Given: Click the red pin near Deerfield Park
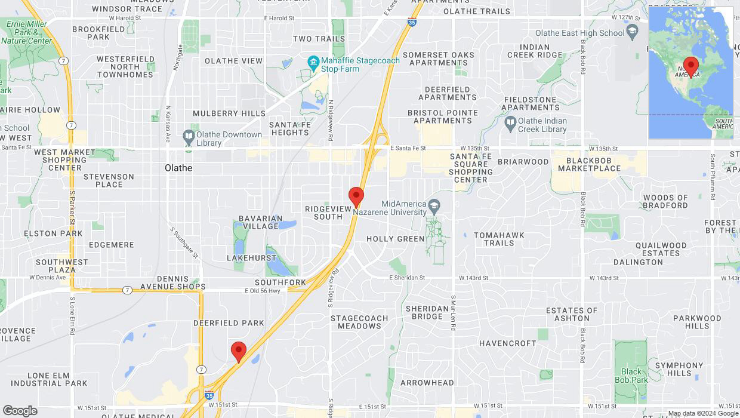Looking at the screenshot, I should pyautogui.click(x=239, y=351).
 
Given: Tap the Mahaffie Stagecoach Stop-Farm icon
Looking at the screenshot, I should pyautogui.click(x=313, y=62).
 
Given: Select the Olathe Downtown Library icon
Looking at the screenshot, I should pyautogui.click(x=189, y=137).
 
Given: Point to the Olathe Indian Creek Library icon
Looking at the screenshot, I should pyautogui.click(x=510, y=124).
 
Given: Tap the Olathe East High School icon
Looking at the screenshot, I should pyautogui.click(x=633, y=32).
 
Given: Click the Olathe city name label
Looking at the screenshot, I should pyautogui.click(x=178, y=168).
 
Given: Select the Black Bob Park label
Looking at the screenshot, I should pyautogui.click(x=631, y=376).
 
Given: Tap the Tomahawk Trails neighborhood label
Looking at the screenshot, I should pyautogui.click(x=499, y=239).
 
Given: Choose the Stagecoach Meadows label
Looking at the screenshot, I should pyautogui.click(x=359, y=322).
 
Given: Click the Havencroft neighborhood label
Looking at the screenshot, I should pyautogui.click(x=508, y=343).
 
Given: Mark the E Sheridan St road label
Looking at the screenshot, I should pyautogui.click(x=407, y=278).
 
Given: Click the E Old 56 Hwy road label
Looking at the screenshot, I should pyautogui.click(x=262, y=291).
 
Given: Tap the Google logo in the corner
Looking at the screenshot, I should pyautogui.click(x=20, y=410).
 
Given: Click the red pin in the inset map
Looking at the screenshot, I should pyautogui.click(x=691, y=66).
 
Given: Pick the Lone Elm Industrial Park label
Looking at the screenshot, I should pyautogui.click(x=49, y=379).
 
